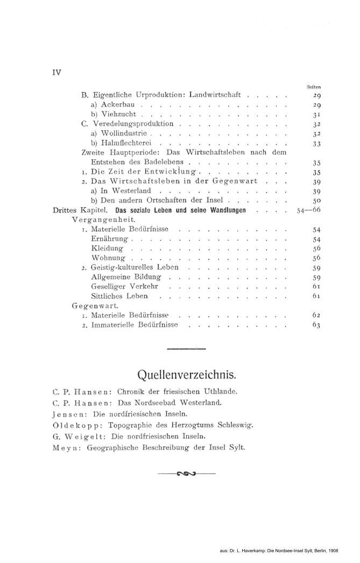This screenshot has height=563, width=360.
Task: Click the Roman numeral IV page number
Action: click(56, 73)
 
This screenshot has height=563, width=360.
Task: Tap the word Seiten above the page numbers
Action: click(314, 86)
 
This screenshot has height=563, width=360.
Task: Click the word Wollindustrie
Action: click(119, 133)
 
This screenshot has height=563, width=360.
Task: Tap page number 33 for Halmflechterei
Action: click(316, 144)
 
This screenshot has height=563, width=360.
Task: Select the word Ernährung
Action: click(110, 239)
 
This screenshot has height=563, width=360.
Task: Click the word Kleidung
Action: click(108, 248)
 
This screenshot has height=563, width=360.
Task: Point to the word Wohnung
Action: click(108, 258)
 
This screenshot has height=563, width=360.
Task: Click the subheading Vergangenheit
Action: click(103, 220)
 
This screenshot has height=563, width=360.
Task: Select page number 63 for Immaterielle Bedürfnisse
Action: click(316, 325)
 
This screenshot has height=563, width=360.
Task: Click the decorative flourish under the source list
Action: click(186, 473)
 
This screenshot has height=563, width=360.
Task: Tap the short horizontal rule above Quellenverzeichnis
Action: click(186, 350)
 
